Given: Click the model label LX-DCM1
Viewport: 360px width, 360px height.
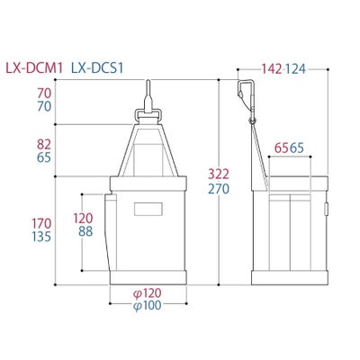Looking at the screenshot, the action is [34, 68].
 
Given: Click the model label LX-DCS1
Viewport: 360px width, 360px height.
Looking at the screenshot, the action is [97, 68].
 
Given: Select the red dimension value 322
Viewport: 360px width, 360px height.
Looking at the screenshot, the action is [219, 175].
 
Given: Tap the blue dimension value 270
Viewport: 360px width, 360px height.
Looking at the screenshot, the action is [219, 189].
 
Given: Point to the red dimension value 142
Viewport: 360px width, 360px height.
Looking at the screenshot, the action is [272, 69].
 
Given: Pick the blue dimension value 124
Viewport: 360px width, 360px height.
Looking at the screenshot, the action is [295, 69].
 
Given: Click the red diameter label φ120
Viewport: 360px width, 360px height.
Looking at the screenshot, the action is [147, 293].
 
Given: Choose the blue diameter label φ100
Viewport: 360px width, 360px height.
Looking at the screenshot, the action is [147, 305].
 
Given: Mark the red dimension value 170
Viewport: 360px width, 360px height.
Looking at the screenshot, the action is [41, 223].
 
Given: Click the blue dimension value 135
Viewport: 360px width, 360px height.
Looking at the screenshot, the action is [41, 237].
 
